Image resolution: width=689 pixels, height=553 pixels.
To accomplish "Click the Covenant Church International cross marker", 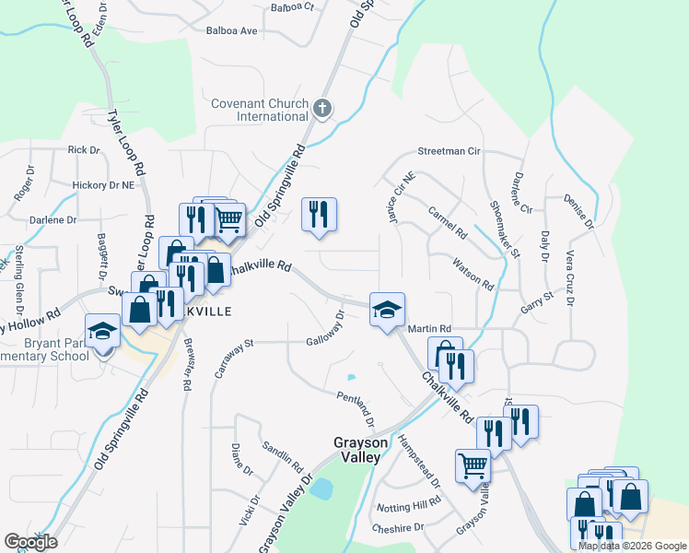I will click(321, 109).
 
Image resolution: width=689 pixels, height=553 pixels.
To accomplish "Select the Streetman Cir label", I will click(450, 150).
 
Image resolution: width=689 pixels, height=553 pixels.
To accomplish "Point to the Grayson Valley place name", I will click(357, 449).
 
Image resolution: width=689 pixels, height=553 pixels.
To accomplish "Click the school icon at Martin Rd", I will click(387, 310).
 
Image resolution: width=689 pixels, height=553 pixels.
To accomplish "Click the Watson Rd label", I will click(473, 274).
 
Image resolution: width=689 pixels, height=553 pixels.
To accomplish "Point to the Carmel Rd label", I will click(448, 223).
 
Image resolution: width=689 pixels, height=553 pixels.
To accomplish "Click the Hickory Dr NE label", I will click(103, 185).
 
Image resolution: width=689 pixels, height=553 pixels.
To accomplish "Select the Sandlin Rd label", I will click(282, 452).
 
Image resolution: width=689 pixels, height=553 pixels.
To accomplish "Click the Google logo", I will click(30, 542).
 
